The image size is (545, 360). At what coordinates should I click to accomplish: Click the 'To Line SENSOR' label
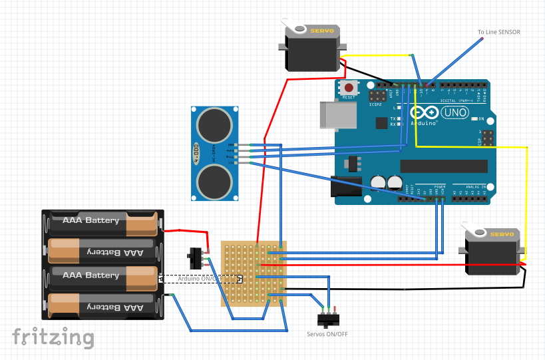click(498, 32)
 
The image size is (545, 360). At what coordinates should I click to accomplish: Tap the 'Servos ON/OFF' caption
click(327, 333)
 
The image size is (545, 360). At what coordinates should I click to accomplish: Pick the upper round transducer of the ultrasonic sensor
click(215, 124)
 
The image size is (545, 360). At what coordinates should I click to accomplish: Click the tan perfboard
click(254, 273)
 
